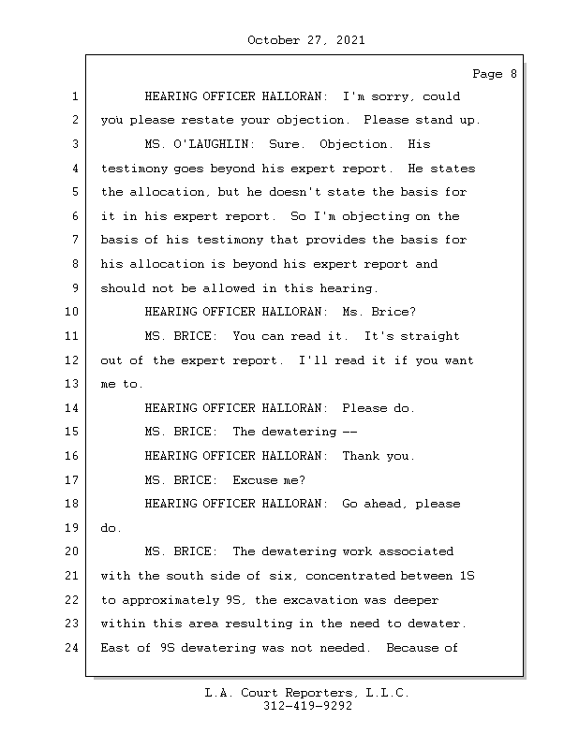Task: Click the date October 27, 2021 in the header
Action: (x=306, y=40)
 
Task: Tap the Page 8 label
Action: (x=494, y=74)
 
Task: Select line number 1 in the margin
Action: (x=73, y=96)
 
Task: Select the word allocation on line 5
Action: (x=168, y=193)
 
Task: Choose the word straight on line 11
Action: (x=427, y=336)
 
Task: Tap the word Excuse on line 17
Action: (x=255, y=480)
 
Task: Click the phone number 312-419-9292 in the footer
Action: (x=306, y=707)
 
